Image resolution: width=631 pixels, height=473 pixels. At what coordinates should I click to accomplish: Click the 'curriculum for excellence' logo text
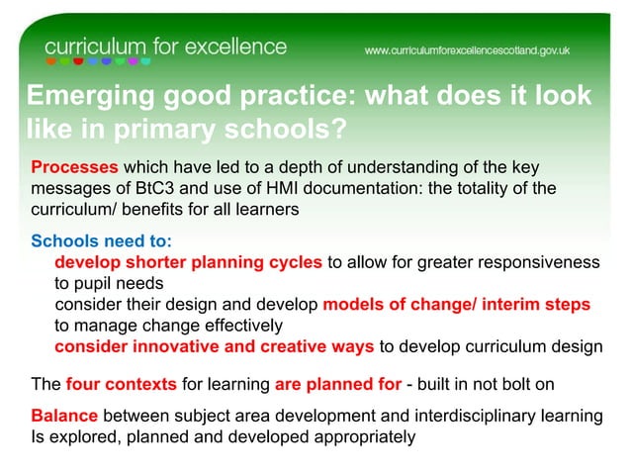pos(165,47)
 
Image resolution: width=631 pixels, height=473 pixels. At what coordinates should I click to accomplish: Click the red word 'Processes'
pos(74,167)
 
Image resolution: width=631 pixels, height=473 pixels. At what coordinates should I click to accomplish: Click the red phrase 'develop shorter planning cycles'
pos(188,262)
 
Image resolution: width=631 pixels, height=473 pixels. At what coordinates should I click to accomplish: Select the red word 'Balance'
pos(64,416)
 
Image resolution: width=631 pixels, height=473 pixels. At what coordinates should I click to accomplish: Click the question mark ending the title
pos(341,130)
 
